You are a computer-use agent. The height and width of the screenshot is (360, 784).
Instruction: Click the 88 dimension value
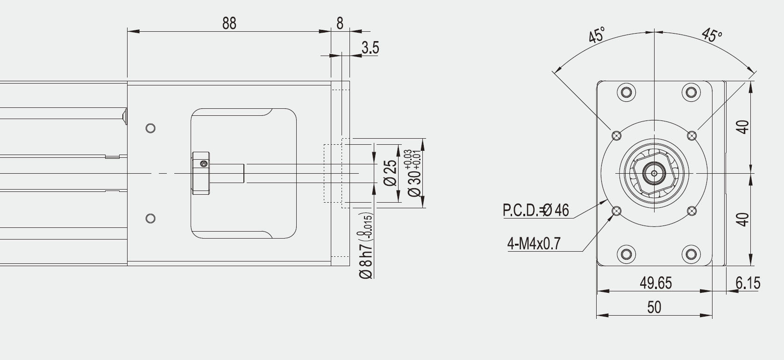point(229,23)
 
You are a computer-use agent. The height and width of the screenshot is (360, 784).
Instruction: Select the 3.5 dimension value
point(371,48)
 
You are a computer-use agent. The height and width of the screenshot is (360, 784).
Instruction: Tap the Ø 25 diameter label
point(390,173)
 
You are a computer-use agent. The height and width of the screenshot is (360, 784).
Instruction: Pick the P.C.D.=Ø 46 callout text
point(536,210)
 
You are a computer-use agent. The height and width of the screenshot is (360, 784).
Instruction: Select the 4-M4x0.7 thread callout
point(534,243)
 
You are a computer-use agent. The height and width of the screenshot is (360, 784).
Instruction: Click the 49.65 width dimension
point(656,282)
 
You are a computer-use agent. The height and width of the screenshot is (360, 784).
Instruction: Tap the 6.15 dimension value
point(748,282)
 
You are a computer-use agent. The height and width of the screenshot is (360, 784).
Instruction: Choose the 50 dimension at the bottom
point(654,307)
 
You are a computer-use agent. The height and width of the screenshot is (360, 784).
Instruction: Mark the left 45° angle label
point(596,35)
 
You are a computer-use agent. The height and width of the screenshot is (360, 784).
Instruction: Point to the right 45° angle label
point(712,35)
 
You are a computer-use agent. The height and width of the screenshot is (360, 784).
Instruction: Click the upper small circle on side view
point(150,128)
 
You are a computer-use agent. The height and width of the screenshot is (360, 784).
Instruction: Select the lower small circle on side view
point(150,219)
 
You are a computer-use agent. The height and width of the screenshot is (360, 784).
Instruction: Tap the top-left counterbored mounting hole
point(626,92)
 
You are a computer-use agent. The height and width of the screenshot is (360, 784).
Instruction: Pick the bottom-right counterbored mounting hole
point(691,254)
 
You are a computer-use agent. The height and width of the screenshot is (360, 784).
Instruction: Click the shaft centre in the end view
point(654,173)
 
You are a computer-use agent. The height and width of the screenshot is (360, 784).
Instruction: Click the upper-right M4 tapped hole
point(692,135)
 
